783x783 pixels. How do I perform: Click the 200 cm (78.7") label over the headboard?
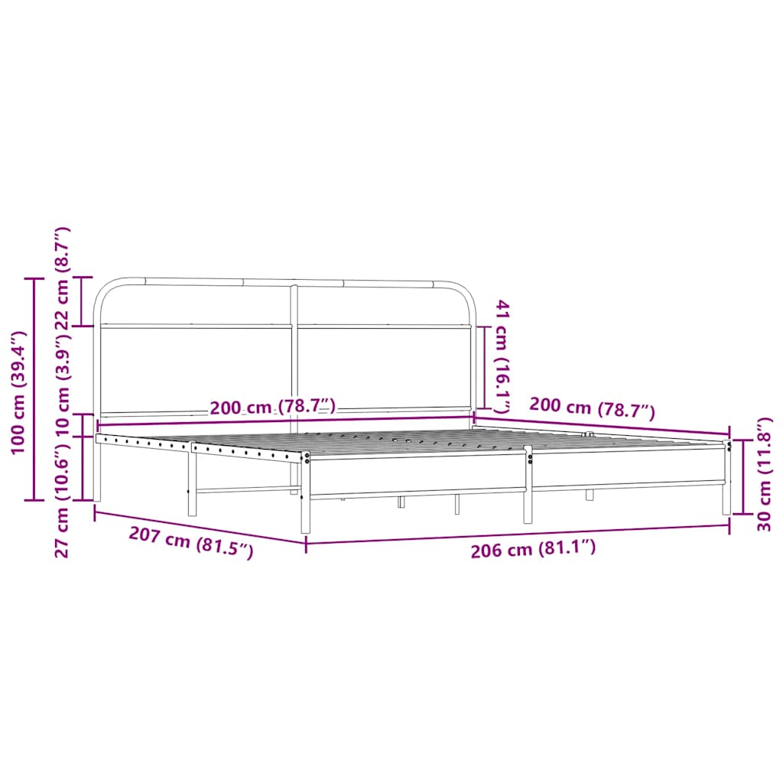coord(272,407)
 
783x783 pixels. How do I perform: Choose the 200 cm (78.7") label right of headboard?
coord(592,410)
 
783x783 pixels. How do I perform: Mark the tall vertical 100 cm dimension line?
coord(34,389)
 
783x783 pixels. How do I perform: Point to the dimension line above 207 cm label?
coord(200,527)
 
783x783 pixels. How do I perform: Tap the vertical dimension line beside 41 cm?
coord(483,367)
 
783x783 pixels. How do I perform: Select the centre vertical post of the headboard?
coord(294,352)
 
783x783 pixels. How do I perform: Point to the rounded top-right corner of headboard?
coord(463,294)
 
